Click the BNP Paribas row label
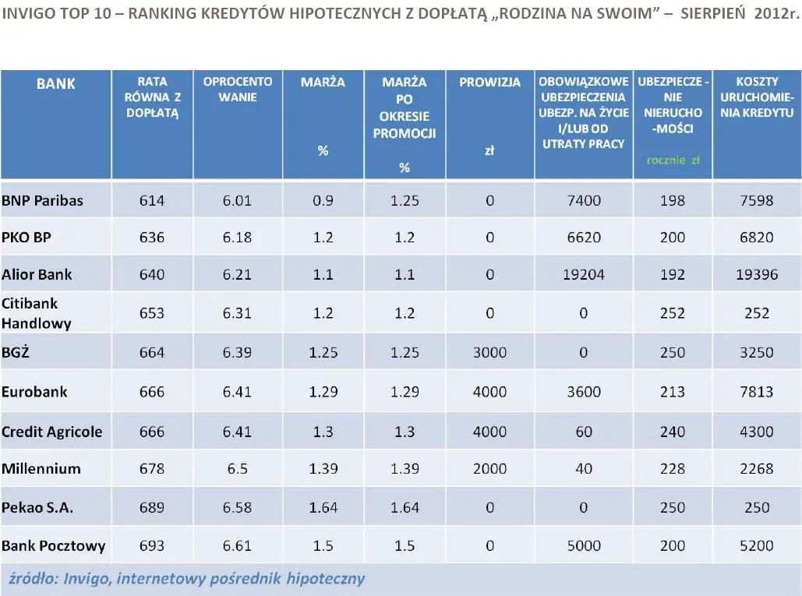43,200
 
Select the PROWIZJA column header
489,83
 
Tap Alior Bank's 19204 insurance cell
584,275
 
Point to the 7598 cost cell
757,200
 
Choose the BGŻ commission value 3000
489,352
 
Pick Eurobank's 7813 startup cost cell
757,392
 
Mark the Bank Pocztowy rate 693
152,545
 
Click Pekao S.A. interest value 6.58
237,507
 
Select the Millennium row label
41,468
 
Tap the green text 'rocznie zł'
673,160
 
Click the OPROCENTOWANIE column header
237,89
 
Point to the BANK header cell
56,83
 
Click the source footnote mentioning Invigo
186,579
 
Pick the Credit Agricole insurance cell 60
584,432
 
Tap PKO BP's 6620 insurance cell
584,237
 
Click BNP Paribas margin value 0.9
323,200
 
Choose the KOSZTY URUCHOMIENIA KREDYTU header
757,97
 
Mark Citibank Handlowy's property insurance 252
673,313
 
